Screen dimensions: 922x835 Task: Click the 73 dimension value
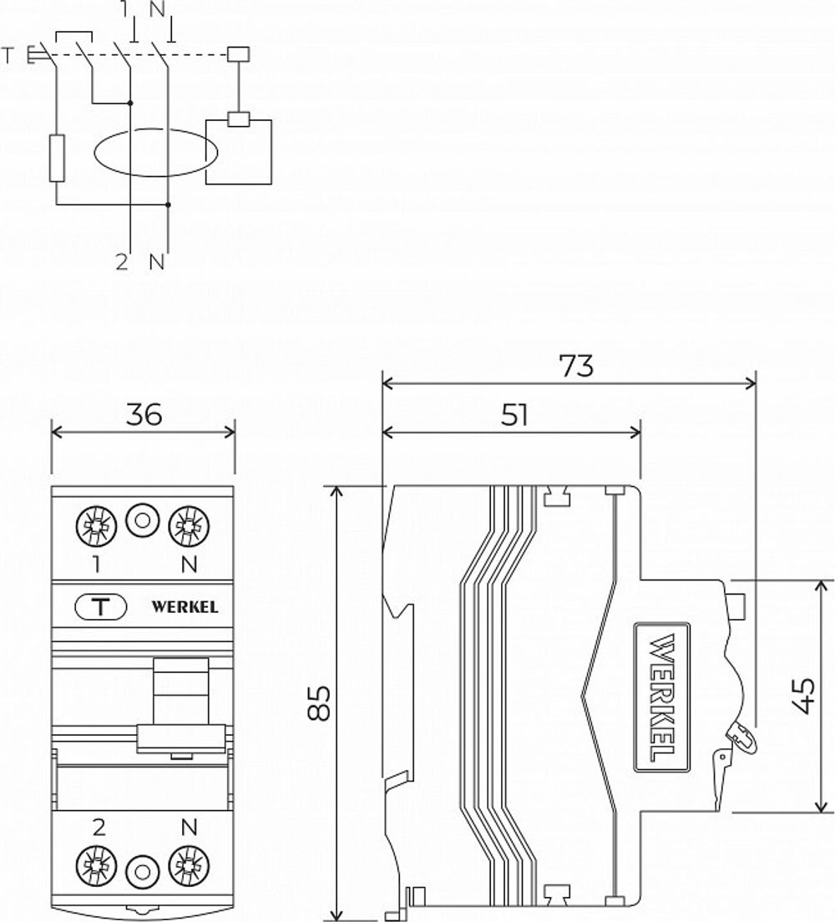pos(575,366)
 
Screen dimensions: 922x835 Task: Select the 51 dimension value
pos(514,415)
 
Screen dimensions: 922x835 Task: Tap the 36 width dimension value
pos(144,415)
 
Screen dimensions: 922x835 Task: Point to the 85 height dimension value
pos(316,703)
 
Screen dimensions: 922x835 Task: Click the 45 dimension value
pos(802,695)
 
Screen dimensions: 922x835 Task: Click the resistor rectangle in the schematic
pos(56,159)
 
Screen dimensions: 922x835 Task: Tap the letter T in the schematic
pos(8,56)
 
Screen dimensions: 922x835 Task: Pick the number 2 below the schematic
pos(123,262)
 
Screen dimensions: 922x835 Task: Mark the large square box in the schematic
pos(240,151)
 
